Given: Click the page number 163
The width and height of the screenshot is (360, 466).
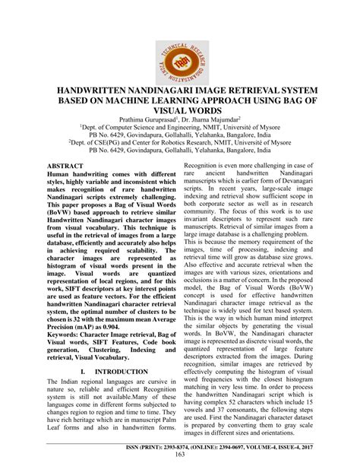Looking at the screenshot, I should click(179, 455).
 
